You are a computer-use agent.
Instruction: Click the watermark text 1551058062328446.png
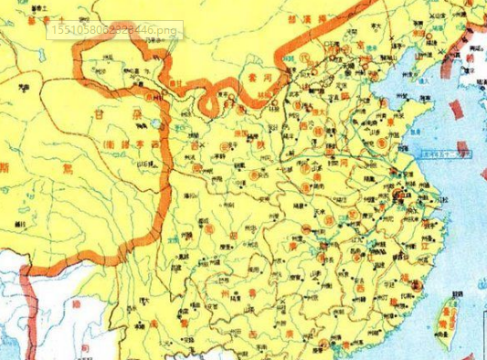[113, 30]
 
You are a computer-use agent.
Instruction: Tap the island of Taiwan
[447, 315]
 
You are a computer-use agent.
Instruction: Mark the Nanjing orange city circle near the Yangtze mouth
[399, 196]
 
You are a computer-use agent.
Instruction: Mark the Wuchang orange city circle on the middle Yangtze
[330, 220]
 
